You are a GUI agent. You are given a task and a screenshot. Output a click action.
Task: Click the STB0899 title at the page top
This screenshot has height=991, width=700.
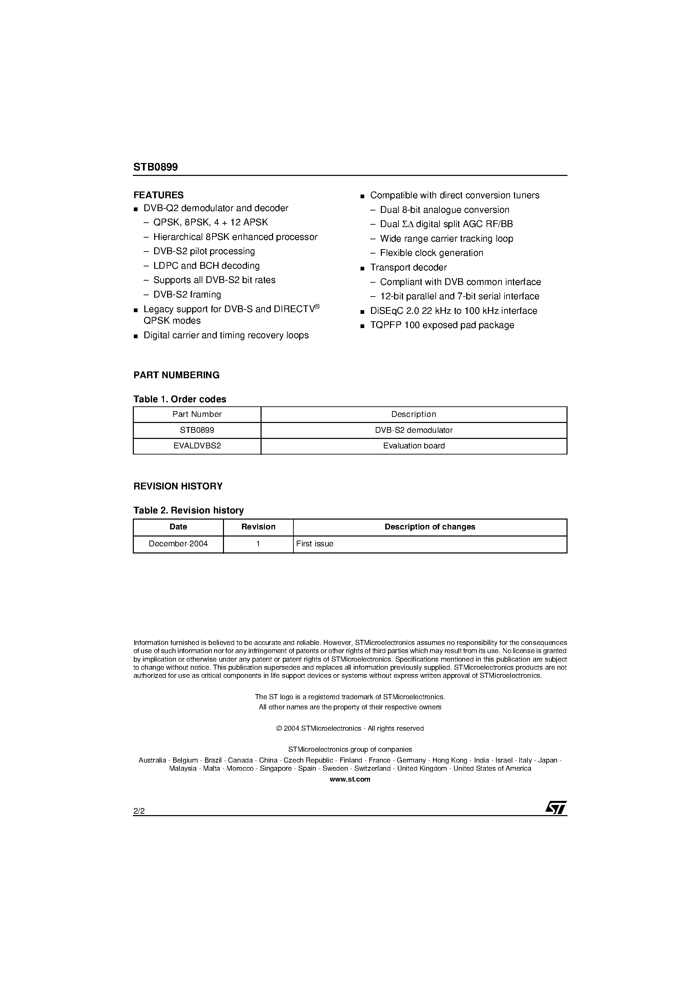pyautogui.click(x=156, y=167)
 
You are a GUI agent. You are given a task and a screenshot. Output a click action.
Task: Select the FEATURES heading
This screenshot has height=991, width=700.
pyautogui.click(x=158, y=195)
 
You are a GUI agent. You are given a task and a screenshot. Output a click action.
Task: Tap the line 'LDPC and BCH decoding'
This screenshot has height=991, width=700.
pyautogui.click(x=206, y=266)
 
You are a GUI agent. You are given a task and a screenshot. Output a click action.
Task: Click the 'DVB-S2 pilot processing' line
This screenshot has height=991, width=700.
pyautogui.click(x=204, y=251)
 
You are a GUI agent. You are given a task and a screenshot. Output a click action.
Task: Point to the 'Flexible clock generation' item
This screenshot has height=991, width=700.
pyautogui.click(x=432, y=253)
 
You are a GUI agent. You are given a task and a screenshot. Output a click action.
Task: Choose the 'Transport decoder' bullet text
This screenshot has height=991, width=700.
pyautogui.click(x=408, y=268)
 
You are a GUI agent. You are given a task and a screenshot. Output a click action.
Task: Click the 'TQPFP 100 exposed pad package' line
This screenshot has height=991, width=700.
pyautogui.click(x=442, y=325)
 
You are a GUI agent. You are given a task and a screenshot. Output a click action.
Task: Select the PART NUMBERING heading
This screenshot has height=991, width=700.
pyautogui.click(x=176, y=375)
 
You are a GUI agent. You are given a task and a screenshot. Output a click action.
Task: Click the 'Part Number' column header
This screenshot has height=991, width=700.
pyautogui.click(x=197, y=414)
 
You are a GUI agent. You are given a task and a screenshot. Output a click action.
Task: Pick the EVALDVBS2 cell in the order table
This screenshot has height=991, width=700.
pyautogui.click(x=197, y=446)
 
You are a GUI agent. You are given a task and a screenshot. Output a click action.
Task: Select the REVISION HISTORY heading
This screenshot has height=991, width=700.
pyautogui.click(x=178, y=486)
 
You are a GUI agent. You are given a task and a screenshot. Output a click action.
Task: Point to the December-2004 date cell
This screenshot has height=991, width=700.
pyautogui.click(x=178, y=544)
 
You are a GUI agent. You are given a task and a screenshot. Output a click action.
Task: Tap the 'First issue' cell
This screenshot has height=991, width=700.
pyautogui.click(x=315, y=544)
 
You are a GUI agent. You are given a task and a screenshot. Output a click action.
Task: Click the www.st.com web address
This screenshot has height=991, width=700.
pyautogui.click(x=350, y=779)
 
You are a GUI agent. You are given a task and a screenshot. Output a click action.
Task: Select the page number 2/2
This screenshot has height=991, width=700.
pyautogui.click(x=139, y=811)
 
